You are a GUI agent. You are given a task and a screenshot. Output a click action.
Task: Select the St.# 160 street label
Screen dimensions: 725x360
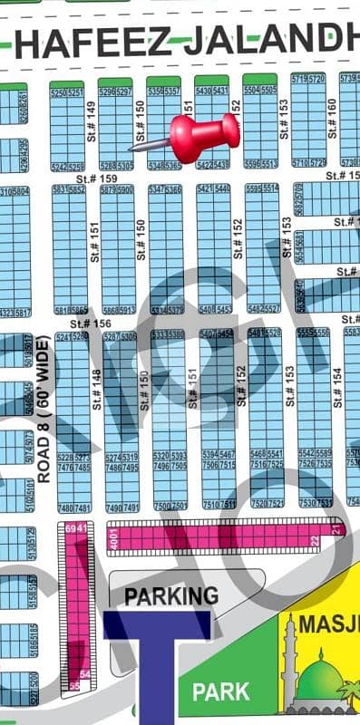[332, 113]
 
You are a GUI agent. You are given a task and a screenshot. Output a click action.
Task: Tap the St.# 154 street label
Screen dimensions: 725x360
[336, 387]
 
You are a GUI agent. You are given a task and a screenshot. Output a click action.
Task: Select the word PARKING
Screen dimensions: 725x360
[171, 595]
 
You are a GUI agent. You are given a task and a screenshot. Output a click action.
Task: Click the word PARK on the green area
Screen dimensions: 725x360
[220, 692]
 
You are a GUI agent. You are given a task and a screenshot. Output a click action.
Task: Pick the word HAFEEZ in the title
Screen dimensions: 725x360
[82, 43]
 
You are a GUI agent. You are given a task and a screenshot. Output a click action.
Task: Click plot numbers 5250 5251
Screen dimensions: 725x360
[67, 92]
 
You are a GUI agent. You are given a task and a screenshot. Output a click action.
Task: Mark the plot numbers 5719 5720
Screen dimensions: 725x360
[308, 79]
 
